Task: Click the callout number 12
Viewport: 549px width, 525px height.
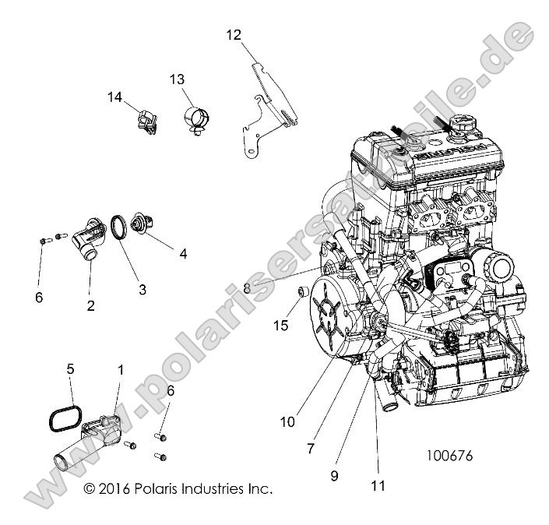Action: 234,34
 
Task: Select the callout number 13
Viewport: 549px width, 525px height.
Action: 178,79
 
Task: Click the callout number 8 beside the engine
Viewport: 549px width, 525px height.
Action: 247,287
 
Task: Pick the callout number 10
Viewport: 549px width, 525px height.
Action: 287,422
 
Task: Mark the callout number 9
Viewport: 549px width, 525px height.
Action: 334,474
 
